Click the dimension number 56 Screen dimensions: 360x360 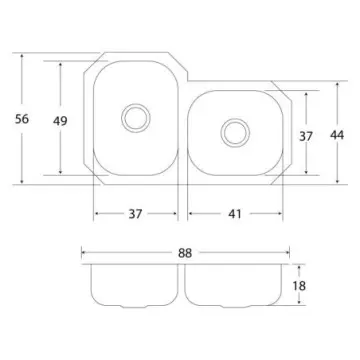tap(22, 119)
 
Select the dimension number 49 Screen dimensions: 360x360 tap(60, 121)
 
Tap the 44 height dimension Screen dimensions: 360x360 tap(337, 135)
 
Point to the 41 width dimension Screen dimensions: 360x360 tap(235, 214)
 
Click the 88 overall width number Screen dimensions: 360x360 tap(185, 253)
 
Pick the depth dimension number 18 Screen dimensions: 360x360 tap(299, 286)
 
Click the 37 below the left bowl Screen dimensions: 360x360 tap(135, 214)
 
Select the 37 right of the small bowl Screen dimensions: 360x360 tap(306, 136)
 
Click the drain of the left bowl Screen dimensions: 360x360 tap(136, 118)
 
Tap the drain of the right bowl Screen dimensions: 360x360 tap(235, 133)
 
